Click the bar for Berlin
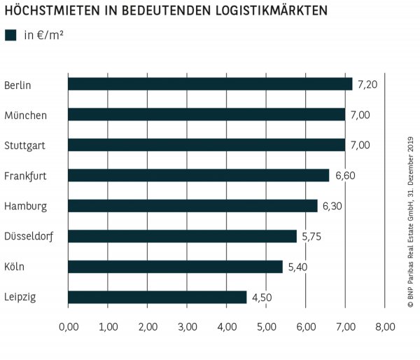click(x=210, y=84)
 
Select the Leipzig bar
click(x=157, y=298)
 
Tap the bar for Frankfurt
click(x=198, y=175)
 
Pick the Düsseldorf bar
click(x=182, y=237)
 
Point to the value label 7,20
click(x=367, y=84)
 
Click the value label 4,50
click(x=262, y=298)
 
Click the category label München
click(x=25, y=115)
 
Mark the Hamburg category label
click(x=25, y=206)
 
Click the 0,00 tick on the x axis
click(x=69, y=326)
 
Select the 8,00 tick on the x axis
click(x=385, y=326)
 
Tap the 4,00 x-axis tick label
click(x=227, y=326)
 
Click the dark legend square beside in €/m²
click(x=10, y=35)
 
